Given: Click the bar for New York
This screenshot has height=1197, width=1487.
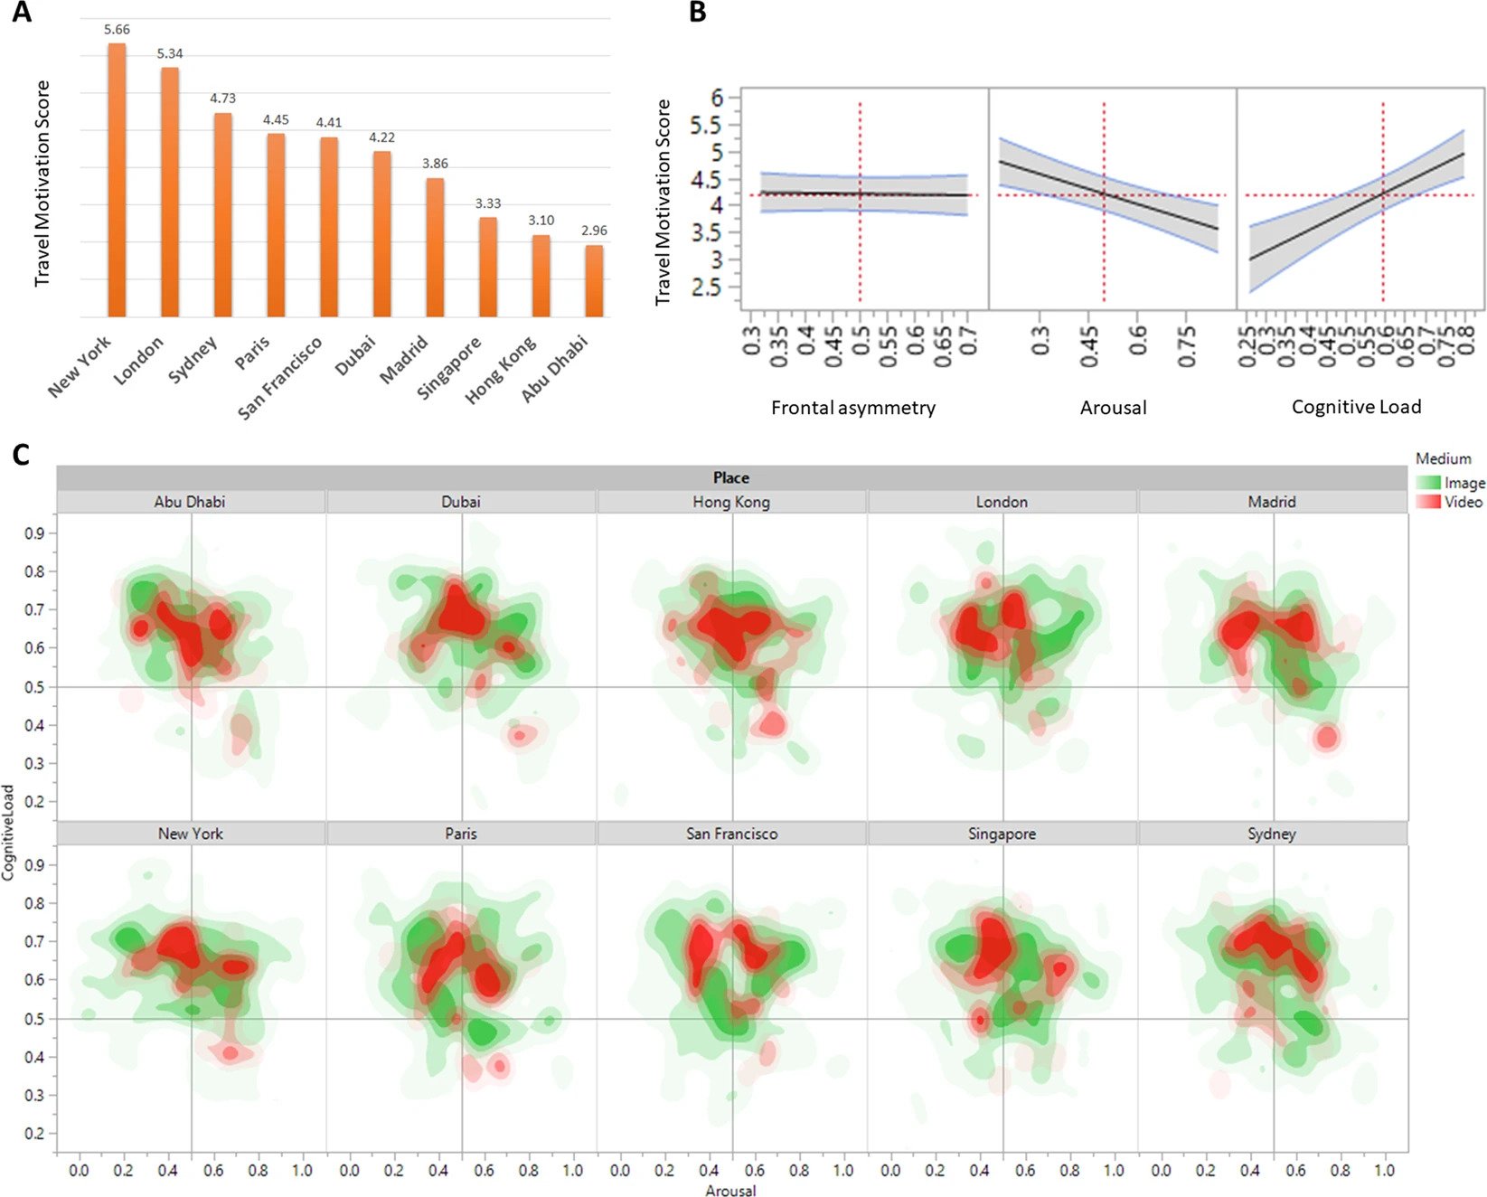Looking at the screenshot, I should [117, 181].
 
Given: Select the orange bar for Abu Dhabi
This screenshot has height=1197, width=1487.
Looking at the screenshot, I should [594, 281].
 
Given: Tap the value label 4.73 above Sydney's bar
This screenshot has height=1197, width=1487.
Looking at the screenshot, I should [222, 98].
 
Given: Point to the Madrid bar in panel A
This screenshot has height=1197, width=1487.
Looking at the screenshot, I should [435, 248].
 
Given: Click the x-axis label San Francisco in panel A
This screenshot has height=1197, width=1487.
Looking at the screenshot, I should [280, 378].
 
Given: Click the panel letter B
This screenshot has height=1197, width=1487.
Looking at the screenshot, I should [697, 13].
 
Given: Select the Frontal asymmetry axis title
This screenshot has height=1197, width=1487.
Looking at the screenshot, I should [852, 408].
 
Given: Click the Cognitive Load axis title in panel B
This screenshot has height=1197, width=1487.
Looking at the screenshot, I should [1356, 407].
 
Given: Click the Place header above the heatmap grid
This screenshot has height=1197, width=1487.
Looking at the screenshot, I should [730, 477].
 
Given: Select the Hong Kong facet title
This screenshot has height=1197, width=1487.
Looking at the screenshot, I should [731, 502].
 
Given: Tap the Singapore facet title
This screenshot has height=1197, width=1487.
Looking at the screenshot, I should [1002, 834].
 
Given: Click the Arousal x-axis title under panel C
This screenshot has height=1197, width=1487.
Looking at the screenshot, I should [730, 1190].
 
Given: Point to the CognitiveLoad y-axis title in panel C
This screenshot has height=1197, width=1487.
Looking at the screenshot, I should [8, 832].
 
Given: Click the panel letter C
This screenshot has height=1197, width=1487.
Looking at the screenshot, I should [21, 453].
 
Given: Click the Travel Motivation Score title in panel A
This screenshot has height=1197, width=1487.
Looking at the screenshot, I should [42, 184].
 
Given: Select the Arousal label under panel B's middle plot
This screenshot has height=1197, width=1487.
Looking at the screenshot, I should [1113, 408].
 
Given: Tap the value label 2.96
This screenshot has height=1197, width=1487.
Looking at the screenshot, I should [594, 231].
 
